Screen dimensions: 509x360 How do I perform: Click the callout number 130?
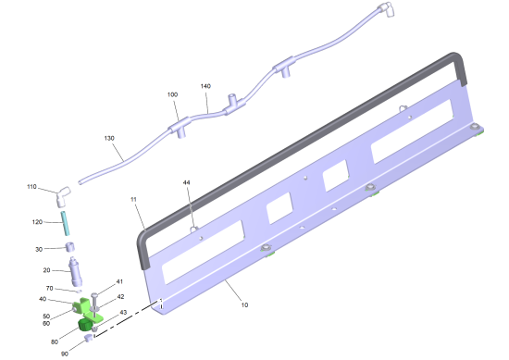tap(109, 138)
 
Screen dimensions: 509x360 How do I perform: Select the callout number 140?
tap(205, 86)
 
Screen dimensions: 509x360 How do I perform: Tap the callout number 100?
tap(172, 94)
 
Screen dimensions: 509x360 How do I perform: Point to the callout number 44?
tap(186, 182)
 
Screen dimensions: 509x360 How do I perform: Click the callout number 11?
tap(133, 199)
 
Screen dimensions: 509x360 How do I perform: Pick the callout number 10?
tap(244, 304)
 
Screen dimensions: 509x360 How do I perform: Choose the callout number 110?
tap(31, 187)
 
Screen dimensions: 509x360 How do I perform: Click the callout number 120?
tap(37, 222)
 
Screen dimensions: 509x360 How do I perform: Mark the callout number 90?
tap(65, 354)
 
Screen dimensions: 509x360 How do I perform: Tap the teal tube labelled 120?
tap(66, 223)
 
